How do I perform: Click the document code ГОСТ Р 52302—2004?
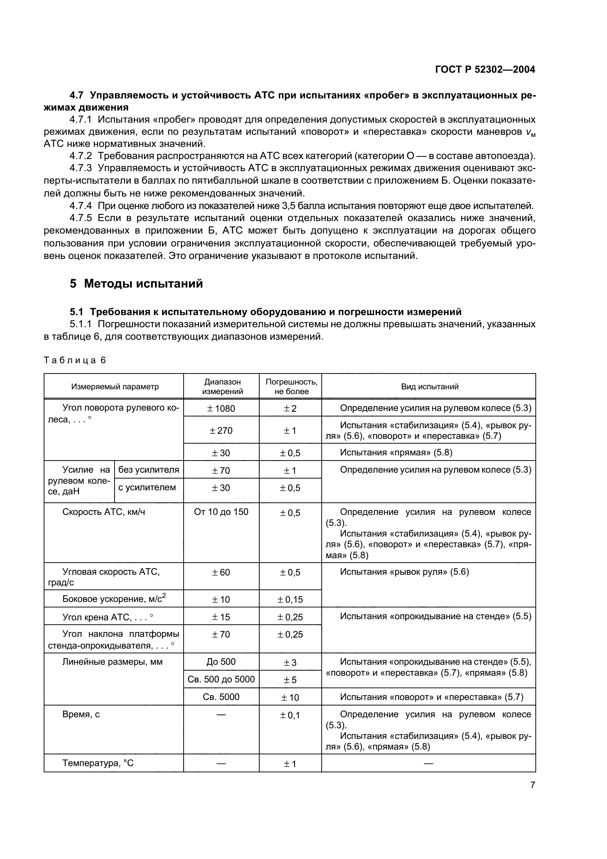click(x=485, y=69)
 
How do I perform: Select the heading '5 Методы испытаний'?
click(x=136, y=284)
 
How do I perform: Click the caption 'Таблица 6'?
click(x=75, y=360)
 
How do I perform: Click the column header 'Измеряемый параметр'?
click(x=115, y=386)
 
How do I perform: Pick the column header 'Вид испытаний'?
click(x=429, y=386)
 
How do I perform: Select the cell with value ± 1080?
click(x=221, y=408)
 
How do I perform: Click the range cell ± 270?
click(x=221, y=431)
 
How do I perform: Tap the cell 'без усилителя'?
click(x=148, y=470)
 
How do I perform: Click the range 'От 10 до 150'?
click(x=221, y=512)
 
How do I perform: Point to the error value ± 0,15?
click(x=290, y=600)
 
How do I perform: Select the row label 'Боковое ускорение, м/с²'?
click(x=114, y=599)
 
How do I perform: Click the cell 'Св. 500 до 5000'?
click(x=221, y=679)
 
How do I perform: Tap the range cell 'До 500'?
click(x=221, y=661)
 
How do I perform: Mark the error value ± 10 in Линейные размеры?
click(x=290, y=697)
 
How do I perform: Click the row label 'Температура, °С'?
click(x=98, y=763)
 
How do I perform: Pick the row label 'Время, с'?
click(x=81, y=714)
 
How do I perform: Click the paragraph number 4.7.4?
click(x=80, y=206)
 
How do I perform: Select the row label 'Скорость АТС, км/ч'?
click(x=104, y=512)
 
